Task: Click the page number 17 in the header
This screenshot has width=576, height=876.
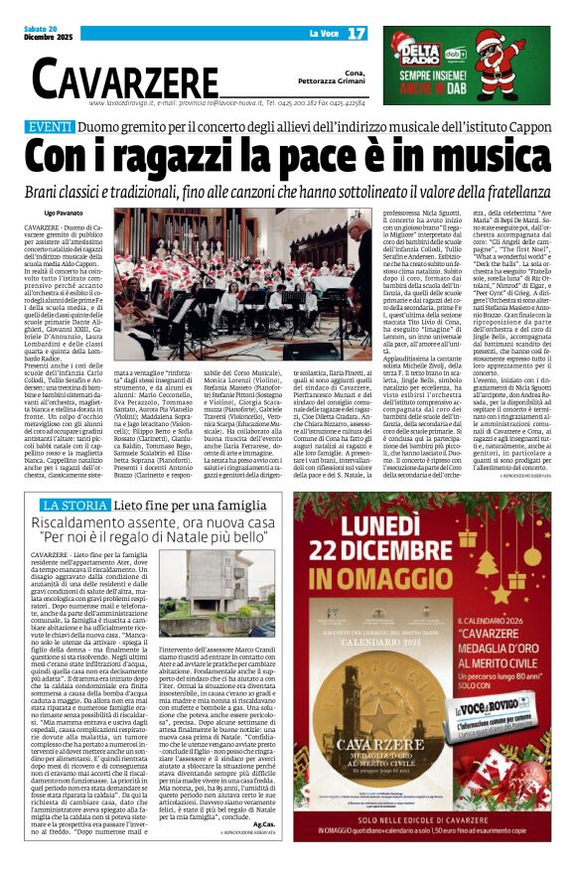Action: tap(356, 34)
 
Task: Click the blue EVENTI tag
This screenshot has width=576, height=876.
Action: tap(50, 127)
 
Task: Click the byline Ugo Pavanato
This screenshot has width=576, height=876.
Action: tap(65, 214)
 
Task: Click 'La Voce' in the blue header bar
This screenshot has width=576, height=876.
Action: tap(324, 34)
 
